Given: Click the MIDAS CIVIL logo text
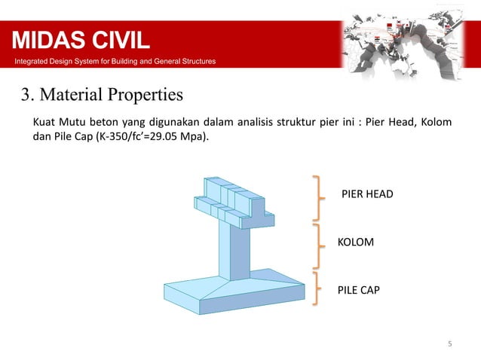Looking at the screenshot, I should (x=80, y=38).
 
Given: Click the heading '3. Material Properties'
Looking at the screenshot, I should (x=101, y=96).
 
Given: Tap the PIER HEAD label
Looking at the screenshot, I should (x=367, y=194).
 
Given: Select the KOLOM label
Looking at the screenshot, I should (x=356, y=243).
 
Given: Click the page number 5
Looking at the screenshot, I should (x=450, y=345).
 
